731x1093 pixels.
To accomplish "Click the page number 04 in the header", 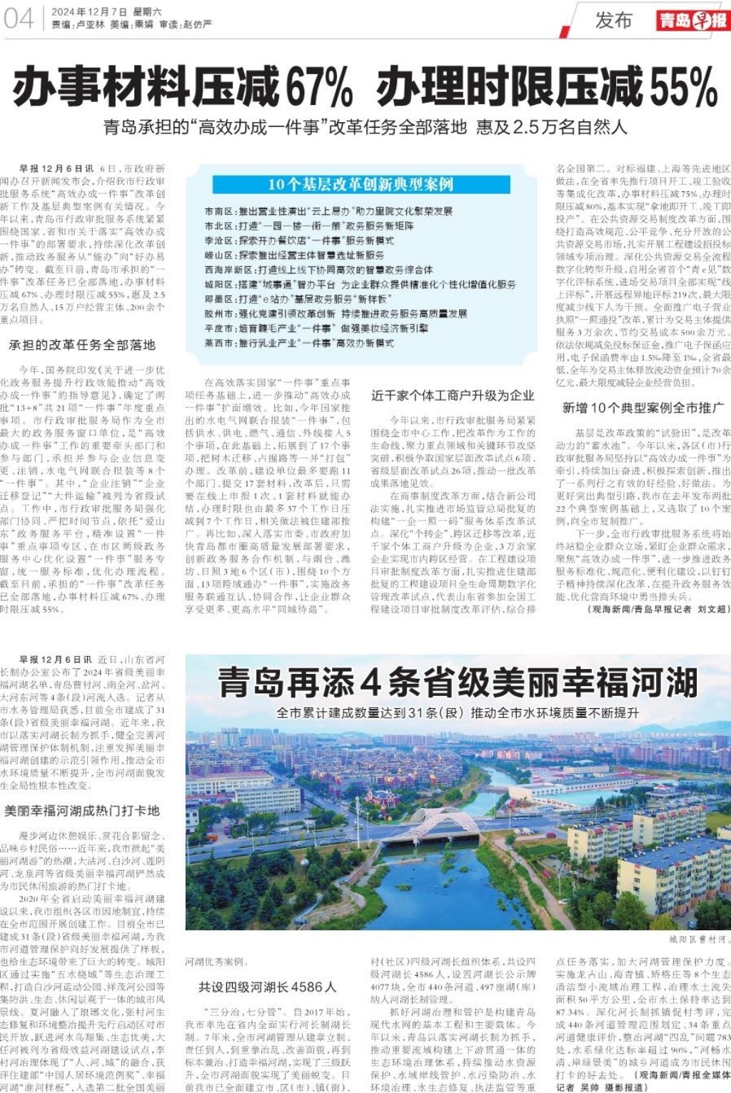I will (19, 18).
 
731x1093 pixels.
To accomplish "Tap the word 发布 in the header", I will (614, 20).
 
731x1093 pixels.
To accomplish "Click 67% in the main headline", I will (319, 87).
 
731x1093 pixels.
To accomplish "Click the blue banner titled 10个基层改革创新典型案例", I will (361, 184).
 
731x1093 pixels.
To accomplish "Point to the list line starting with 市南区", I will (328, 211).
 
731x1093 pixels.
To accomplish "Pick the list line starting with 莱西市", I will (299, 343).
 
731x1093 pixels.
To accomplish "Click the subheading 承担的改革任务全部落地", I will (82, 345).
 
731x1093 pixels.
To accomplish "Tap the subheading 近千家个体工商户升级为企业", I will (453, 396).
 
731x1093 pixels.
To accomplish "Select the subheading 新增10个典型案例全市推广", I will (642, 407).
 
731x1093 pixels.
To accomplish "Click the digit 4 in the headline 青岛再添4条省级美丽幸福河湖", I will (370, 683).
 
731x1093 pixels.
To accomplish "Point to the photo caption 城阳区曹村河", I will (698, 939).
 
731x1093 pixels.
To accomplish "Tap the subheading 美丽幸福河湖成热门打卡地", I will (82, 811).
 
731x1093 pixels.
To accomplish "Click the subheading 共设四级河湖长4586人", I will (267, 987).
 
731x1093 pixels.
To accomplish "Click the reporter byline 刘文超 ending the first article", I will (712, 609).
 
